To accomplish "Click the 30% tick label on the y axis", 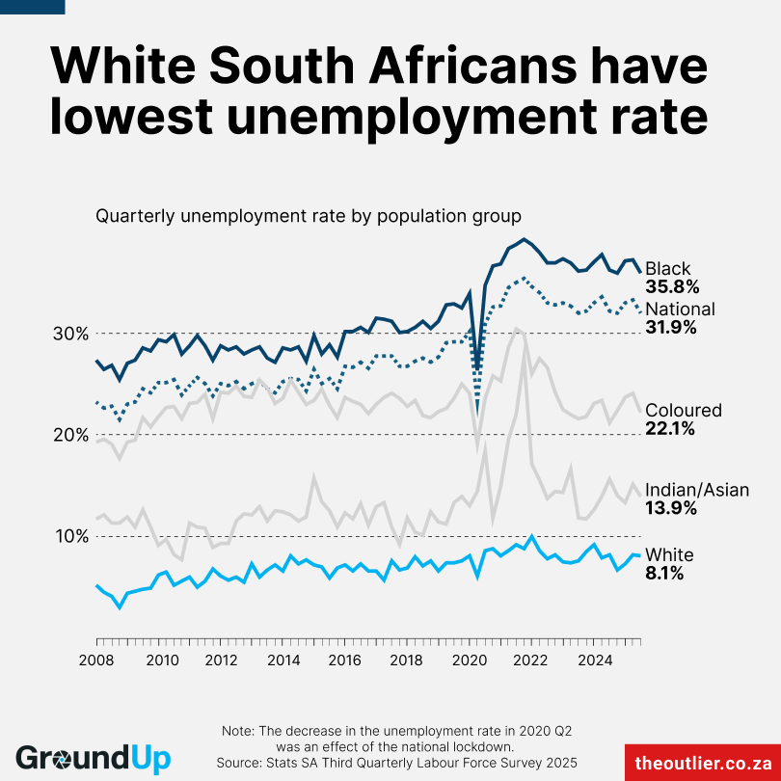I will [x=70, y=334].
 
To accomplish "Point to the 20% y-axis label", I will [x=70, y=435].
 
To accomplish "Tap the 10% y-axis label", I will [x=70, y=536].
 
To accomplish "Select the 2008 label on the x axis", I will [x=96, y=660].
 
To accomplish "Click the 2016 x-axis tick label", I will [x=344, y=660].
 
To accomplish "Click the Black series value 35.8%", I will [x=672, y=286].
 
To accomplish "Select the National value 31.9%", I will [x=671, y=328].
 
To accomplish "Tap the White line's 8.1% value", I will [x=664, y=574].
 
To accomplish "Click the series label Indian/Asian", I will [x=697, y=490].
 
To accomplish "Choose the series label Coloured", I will [x=684, y=410].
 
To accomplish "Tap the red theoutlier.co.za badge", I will [x=702, y=762].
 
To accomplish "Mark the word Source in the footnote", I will [x=242, y=762].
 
